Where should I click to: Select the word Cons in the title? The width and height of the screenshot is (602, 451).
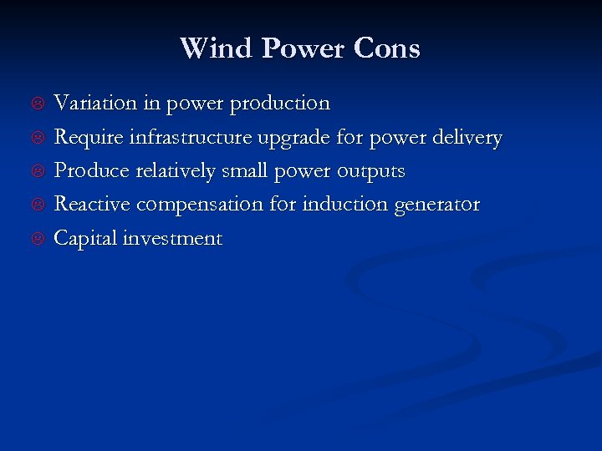(x=386, y=48)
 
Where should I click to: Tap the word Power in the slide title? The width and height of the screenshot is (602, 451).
(x=304, y=48)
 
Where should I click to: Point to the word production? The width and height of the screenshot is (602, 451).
(x=280, y=104)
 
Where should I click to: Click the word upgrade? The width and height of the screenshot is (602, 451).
(x=296, y=138)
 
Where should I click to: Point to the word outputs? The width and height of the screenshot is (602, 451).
(x=370, y=171)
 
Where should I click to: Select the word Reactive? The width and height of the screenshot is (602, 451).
(x=92, y=205)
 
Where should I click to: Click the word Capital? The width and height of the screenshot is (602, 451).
(x=85, y=239)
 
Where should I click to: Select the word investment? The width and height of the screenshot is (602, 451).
(x=172, y=239)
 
